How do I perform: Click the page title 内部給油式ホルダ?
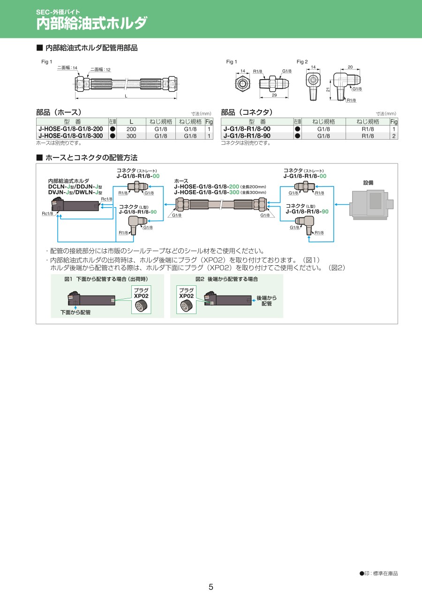pyautogui.click(x=92, y=23)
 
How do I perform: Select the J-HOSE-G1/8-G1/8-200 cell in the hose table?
pyautogui.click(x=70, y=129)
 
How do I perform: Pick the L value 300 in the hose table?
pyautogui.click(x=131, y=136)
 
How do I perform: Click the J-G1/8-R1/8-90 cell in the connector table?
pyautogui.click(x=247, y=136)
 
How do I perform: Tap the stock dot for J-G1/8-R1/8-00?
pyautogui.click(x=297, y=129)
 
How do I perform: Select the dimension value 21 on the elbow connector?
pyautogui.click(x=329, y=89)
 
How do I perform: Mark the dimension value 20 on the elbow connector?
pyautogui.click(x=350, y=67)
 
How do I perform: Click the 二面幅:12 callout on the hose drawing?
pyautogui.click(x=100, y=69)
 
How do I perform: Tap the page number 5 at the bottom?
pyautogui.click(x=211, y=587)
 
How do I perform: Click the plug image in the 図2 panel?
pyautogui.click(x=186, y=306)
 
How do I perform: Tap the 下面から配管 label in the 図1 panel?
pyautogui.click(x=75, y=312)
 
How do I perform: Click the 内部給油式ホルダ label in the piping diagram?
pyautogui.click(x=68, y=181)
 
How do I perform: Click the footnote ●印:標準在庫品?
pyautogui.click(x=378, y=574)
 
